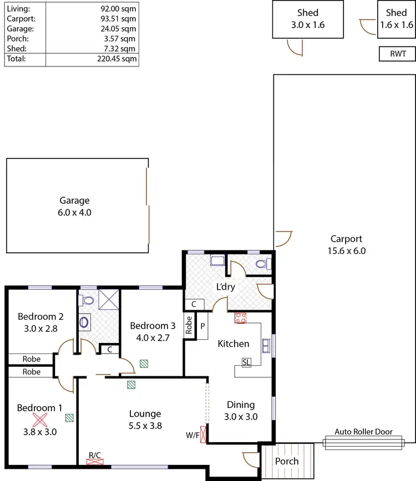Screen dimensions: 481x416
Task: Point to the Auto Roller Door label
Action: [363, 432]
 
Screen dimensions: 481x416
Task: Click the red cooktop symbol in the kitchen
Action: [241, 318]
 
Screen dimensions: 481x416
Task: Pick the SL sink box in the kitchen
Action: [246, 362]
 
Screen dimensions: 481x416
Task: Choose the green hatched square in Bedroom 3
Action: [144, 364]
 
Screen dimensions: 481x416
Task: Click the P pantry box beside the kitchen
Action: [202, 326]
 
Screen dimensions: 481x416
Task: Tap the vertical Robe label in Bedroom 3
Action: [189, 324]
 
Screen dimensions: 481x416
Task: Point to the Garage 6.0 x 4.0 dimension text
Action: [74, 211]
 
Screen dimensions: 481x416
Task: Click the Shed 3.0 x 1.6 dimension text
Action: [307, 25]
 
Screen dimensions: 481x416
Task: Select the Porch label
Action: [287, 461]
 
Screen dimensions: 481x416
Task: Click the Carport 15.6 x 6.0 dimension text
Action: [346, 250]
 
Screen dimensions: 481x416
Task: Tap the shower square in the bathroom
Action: [109, 299]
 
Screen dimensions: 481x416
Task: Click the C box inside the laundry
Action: [194, 304]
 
